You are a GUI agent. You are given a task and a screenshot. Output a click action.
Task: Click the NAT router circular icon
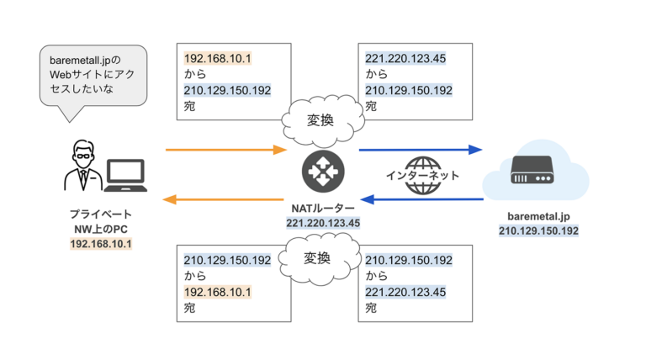coord(323,173)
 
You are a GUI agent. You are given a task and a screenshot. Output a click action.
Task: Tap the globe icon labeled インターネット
coord(422,175)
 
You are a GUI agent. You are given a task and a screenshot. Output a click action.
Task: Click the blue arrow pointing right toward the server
coord(420,150)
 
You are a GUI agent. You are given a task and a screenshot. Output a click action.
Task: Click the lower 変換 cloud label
coord(319,257)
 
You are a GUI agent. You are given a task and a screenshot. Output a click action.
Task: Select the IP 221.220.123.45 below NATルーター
coord(323,223)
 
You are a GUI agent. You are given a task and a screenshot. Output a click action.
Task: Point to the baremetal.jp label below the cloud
coord(538,215)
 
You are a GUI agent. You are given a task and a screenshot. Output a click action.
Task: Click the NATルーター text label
coord(323,209)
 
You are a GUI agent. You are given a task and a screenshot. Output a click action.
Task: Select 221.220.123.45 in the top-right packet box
coord(405,59)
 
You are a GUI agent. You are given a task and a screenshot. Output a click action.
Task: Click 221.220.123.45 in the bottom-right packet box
coord(405,292)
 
